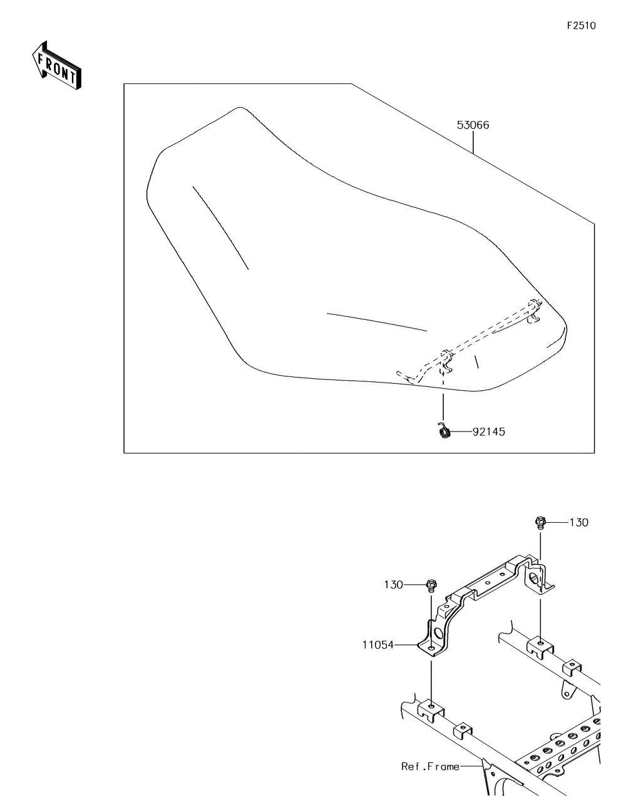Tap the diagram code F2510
click(x=581, y=26)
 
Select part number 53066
click(x=473, y=125)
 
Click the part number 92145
click(x=489, y=431)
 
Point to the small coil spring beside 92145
click(x=444, y=431)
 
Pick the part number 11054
click(x=377, y=644)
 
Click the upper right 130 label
click(x=578, y=522)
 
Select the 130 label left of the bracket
click(x=394, y=584)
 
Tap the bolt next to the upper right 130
click(x=539, y=522)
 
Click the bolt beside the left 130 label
click(x=431, y=586)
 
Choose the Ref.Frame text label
click(x=430, y=766)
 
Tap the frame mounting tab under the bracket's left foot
click(x=431, y=708)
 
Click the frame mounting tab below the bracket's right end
click(x=540, y=644)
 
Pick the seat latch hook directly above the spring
click(x=445, y=359)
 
